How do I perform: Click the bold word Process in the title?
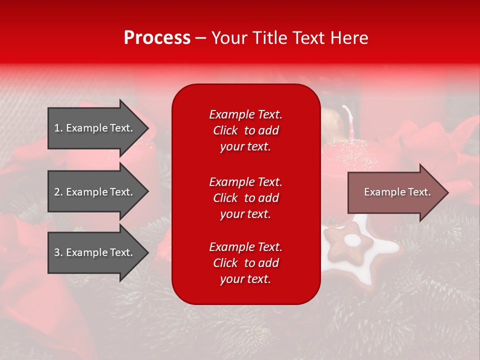point(157,38)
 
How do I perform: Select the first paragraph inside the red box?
point(245,130)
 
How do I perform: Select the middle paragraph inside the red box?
point(245,198)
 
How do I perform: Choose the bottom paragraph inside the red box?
point(245,263)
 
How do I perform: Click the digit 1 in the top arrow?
point(57,128)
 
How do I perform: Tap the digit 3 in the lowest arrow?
point(57,252)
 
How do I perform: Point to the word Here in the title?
point(350,38)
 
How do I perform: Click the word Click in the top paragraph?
point(225,131)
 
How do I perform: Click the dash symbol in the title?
point(200,39)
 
